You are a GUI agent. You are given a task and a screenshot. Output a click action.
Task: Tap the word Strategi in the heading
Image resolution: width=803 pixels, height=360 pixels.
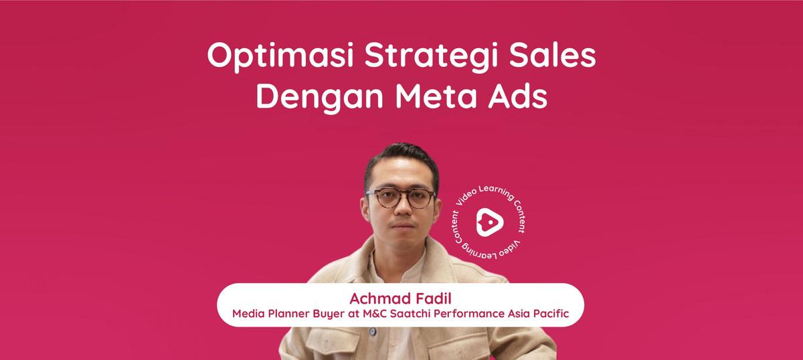pyautogui.click(x=431, y=56)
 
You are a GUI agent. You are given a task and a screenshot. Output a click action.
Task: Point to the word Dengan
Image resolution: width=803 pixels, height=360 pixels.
pyautogui.click(x=320, y=98)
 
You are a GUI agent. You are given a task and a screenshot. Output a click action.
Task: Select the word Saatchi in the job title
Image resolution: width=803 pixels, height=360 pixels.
pyautogui.click(x=410, y=314)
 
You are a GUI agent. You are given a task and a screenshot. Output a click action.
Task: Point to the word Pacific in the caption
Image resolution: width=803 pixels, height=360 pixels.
pyautogui.click(x=551, y=314)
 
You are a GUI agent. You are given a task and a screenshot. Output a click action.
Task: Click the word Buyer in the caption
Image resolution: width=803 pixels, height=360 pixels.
pyautogui.click(x=329, y=314)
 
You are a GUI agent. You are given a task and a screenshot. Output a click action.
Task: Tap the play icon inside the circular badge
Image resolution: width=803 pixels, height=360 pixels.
pyautogui.click(x=490, y=223)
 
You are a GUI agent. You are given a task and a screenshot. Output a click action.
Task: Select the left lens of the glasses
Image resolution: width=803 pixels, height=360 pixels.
pyautogui.click(x=385, y=198)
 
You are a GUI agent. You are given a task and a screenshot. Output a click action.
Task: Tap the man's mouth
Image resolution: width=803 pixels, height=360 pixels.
pyautogui.click(x=403, y=226)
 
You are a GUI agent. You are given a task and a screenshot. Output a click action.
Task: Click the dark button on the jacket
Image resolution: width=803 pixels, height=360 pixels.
pyautogui.click(x=373, y=331)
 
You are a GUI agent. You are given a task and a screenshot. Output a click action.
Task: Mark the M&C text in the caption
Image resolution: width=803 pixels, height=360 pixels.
pyautogui.click(x=375, y=314)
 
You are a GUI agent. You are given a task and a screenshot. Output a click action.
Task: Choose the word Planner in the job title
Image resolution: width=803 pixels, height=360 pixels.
pyautogui.click(x=288, y=314)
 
